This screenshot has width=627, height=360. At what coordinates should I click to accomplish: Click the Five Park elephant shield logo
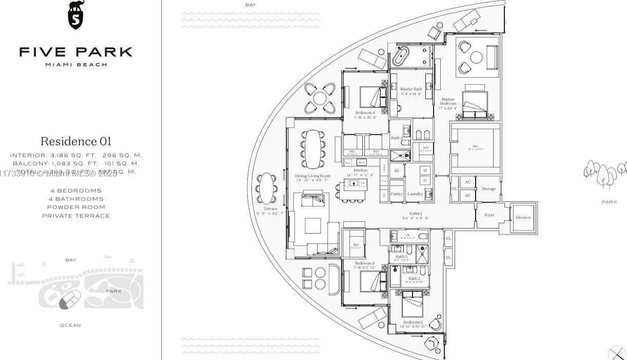pos(75,15)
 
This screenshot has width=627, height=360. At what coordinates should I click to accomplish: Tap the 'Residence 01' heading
pos(75,141)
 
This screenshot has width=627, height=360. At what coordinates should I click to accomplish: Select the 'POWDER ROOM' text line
pos(76,207)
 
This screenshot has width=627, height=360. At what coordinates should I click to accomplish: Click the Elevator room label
pos(523,217)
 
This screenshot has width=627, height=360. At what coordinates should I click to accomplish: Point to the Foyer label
pos(489,215)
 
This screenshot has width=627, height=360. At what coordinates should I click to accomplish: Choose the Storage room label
pos(488,189)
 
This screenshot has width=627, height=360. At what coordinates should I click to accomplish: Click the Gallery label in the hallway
pos(416,213)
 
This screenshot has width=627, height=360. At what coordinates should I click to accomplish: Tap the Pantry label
pos(397,194)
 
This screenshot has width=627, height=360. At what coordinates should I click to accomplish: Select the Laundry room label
pos(415,194)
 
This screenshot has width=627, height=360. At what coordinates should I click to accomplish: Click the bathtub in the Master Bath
pos(400,57)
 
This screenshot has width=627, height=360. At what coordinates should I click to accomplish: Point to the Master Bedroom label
pos(447,102)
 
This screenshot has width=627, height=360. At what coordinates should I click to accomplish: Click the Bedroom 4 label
pos(365,112)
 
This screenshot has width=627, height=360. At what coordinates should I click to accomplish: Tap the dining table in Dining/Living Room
pos(312,144)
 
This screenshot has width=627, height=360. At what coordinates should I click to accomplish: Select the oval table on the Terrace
pos(267,188)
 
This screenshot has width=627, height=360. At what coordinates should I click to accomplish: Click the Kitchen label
pos(360,170)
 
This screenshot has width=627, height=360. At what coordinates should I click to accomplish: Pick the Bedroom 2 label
pos(413,322)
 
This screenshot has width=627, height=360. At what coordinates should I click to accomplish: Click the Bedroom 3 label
pos(365,263)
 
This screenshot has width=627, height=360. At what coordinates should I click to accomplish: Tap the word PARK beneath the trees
pos(609,202)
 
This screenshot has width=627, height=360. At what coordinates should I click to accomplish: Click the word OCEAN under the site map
pos(70,325)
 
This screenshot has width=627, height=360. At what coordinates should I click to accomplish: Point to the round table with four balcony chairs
pos(320,98)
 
